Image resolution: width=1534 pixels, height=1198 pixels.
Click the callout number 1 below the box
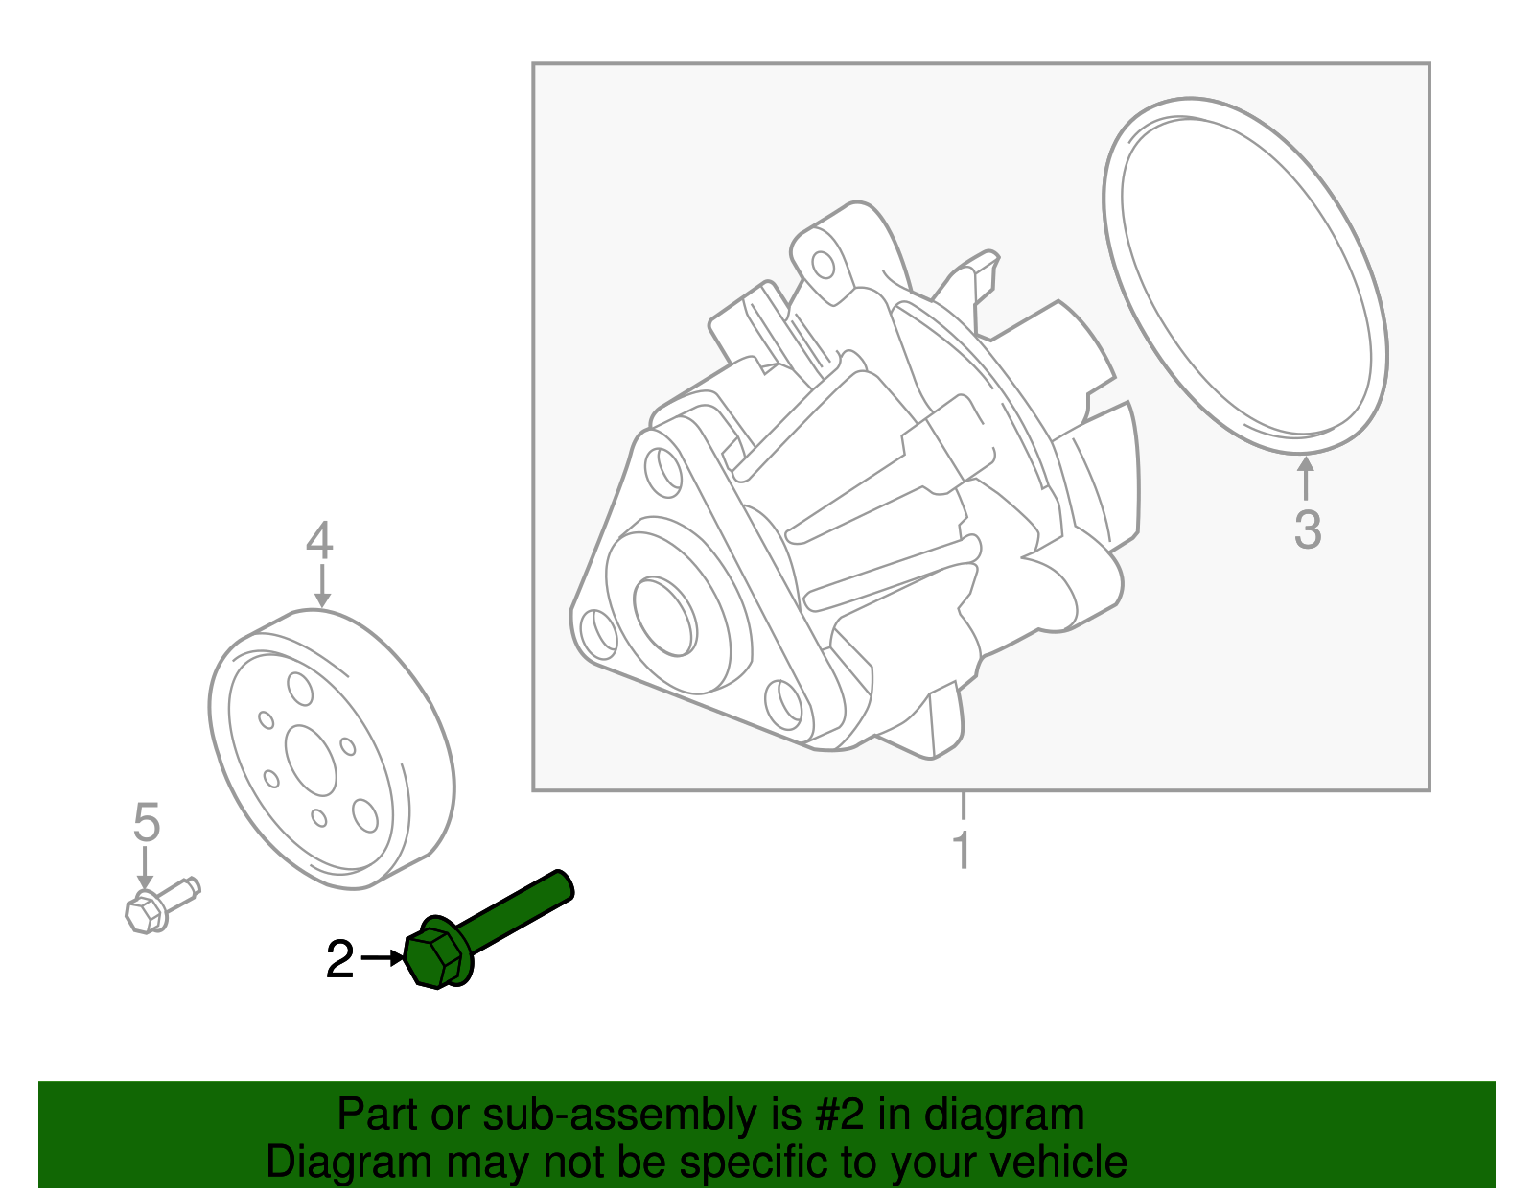(962, 851)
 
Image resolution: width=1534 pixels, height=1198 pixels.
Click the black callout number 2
(339, 960)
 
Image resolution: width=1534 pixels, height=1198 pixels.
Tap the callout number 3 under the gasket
(1307, 529)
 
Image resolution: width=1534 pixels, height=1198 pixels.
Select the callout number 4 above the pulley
(319, 541)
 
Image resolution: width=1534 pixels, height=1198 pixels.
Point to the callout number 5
(146, 823)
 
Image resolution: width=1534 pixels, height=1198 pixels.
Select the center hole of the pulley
(311, 760)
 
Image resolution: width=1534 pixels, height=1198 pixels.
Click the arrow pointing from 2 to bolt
(384, 957)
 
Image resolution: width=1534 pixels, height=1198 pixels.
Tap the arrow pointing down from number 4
(321, 586)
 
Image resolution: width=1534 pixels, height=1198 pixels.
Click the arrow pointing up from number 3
(1305, 480)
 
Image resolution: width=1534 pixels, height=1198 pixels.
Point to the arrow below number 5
(145, 868)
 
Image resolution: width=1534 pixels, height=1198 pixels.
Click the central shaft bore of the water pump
(664, 617)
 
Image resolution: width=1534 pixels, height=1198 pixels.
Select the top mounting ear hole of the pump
(823, 264)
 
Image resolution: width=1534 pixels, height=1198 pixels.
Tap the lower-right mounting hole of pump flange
(785, 702)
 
